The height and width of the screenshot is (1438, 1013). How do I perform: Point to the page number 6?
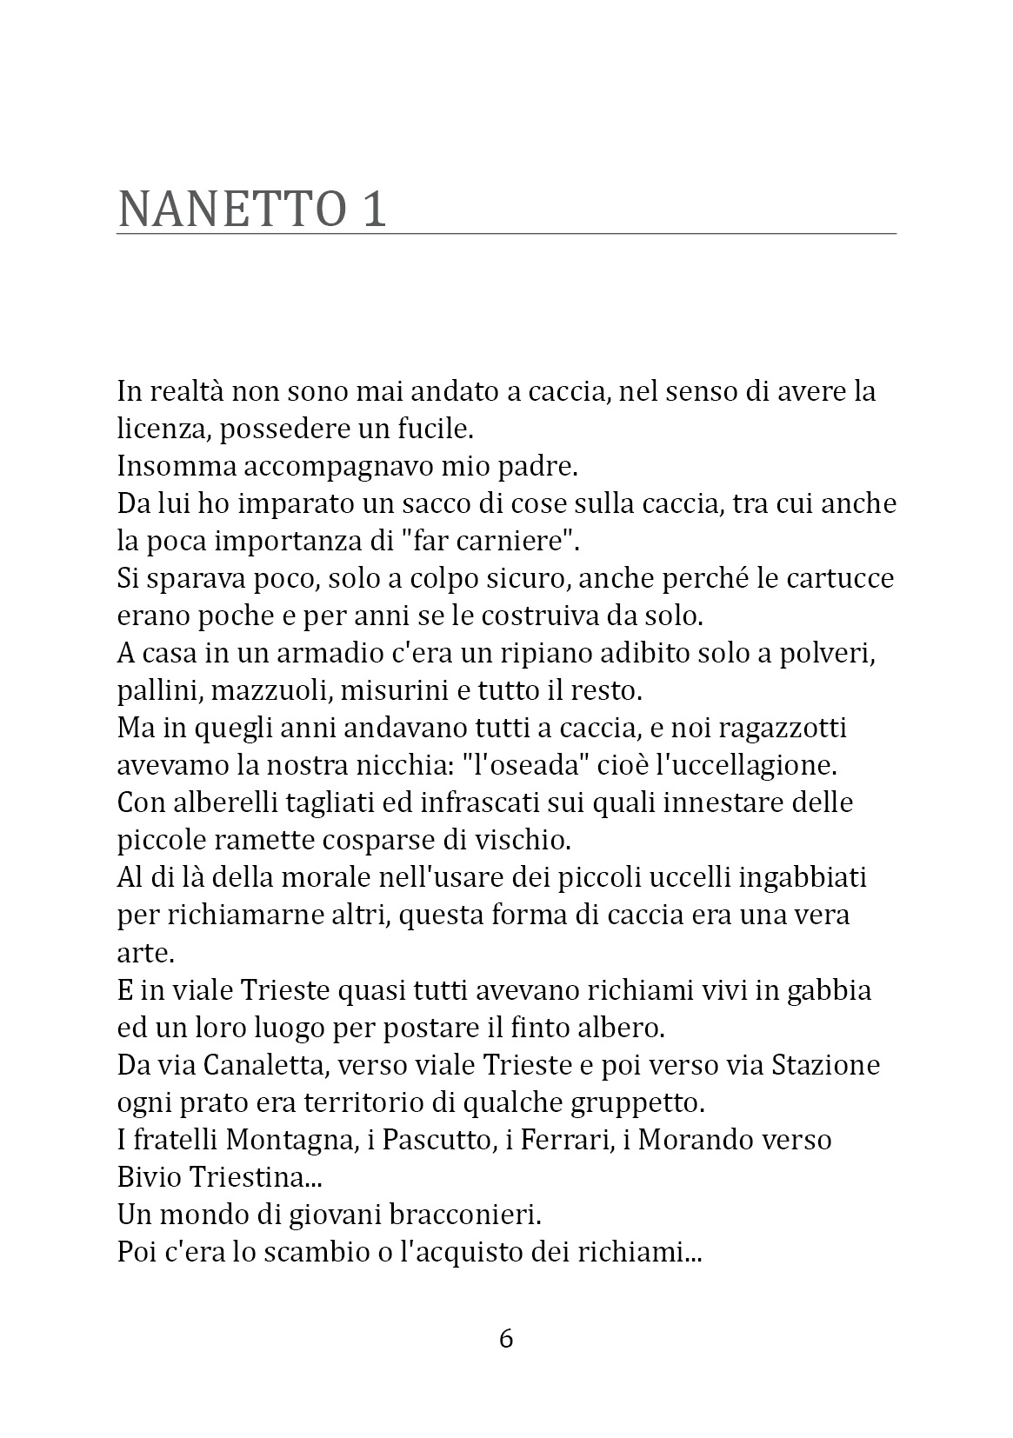click(x=506, y=1338)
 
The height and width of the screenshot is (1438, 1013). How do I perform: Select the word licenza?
click(x=161, y=429)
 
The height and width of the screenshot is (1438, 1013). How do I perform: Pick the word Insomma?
click(x=176, y=466)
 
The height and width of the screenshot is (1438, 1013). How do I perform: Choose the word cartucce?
click(x=838, y=578)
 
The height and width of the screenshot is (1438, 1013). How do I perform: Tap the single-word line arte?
click(x=145, y=954)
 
